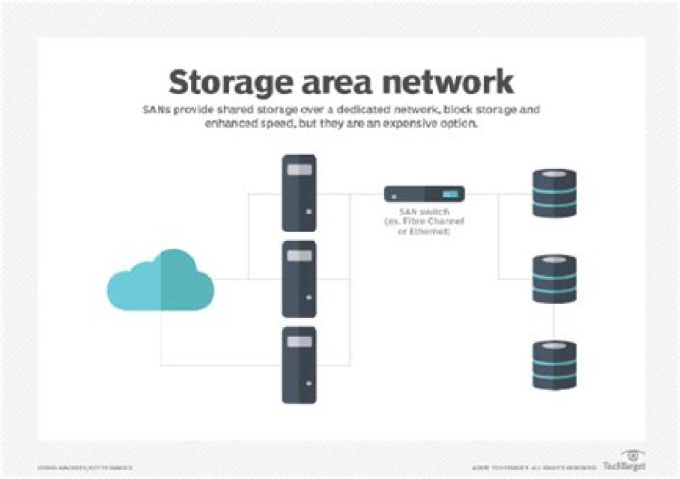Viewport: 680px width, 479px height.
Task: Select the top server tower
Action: (x=299, y=193)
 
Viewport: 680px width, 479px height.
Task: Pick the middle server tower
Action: (x=299, y=278)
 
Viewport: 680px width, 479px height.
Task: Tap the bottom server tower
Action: (x=299, y=365)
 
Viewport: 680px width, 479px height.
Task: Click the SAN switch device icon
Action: (x=424, y=195)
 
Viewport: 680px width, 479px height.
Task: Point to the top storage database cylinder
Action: (x=553, y=193)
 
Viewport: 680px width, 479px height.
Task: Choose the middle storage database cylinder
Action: (x=553, y=279)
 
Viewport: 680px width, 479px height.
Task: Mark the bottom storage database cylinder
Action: (x=553, y=365)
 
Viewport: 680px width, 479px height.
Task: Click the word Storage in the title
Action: (x=230, y=81)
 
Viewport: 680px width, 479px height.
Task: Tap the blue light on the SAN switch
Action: (x=450, y=195)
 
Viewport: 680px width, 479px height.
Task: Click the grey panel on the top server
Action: (x=299, y=171)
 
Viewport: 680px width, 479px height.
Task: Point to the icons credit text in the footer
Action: (x=85, y=467)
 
